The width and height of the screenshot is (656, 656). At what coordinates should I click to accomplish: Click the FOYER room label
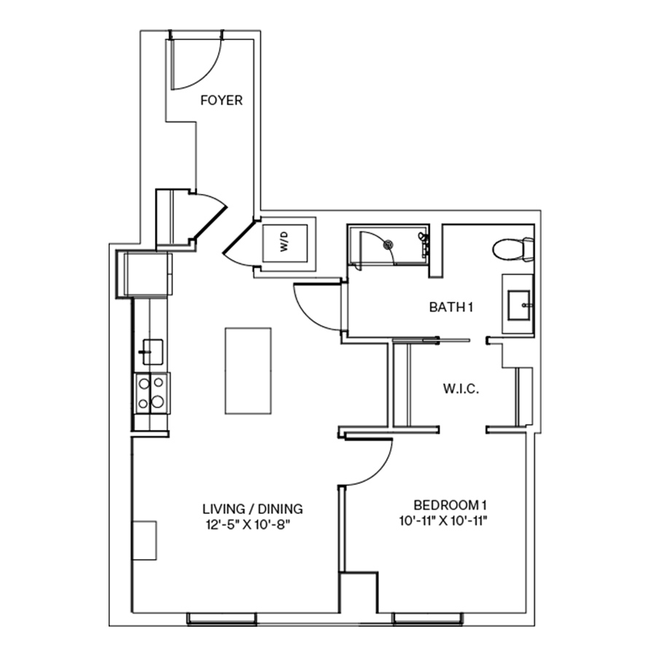pyautogui.click(x=221, y=101)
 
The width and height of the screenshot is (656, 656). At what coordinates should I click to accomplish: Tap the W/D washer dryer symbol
pyautogui.click(x=284, y=246)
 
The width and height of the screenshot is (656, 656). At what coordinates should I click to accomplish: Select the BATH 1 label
pyautogui.click(x=451, y=308)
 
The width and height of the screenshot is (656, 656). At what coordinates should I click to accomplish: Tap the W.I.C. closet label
pyautogui.click(x=461, y=390)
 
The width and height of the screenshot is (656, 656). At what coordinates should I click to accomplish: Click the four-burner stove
pyautogui.click(x=151, y=392)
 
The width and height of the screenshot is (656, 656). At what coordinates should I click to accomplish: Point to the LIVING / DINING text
pyautogui.click(x=252, y=508)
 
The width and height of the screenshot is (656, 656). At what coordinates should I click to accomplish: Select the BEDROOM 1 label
pyautogui.click(x=449, y=505)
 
